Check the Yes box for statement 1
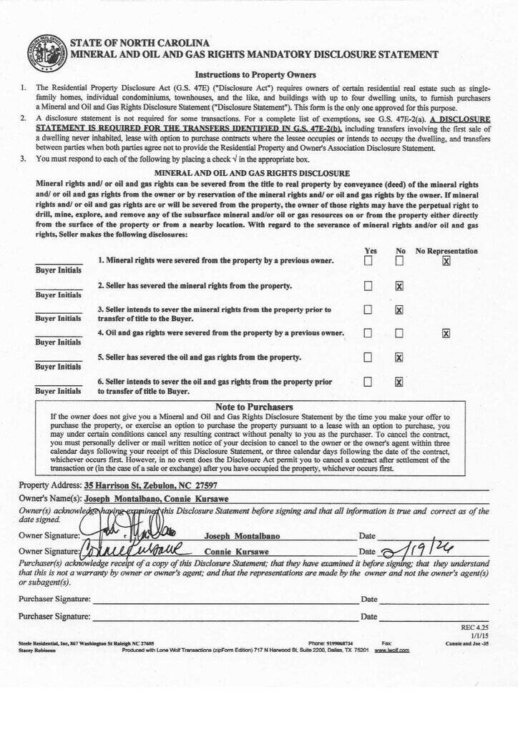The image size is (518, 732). click(368, 261)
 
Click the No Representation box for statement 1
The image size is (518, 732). click(446, 261)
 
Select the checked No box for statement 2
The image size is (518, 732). click(399, 286)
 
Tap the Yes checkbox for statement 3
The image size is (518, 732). click(368, 310)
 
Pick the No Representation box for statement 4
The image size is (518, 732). click(446, 333)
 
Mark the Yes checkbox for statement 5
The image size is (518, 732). click(368, 357)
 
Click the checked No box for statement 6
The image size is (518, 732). click(399, 382)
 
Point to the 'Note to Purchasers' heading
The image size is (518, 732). click(254, 407)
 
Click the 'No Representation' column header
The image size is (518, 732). click(446, 251)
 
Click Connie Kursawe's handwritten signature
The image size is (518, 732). click(132, 550)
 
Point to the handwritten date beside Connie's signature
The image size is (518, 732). click(416, 550)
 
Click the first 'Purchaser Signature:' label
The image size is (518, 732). click(54, 599)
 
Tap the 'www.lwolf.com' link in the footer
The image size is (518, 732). click(392, 650)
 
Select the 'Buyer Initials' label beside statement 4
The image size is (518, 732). click(58, 342)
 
